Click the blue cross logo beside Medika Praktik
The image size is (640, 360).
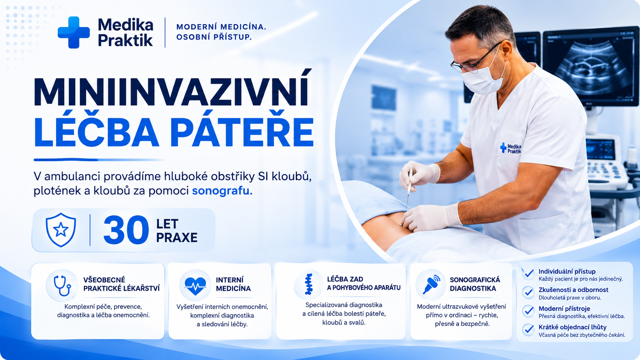pyautogui.click(x=74, y=32)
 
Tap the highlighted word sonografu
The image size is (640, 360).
pyautogui.click(x=222, y=191)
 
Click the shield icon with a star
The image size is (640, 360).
pyautogui.click(x=61, y=230)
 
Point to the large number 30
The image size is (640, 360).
pyautogui.click(x=126, y=230)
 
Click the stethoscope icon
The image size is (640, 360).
pyautogui.click(x=62, y=285)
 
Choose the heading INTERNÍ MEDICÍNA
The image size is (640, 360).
pyautogui.click(x=233, y=284)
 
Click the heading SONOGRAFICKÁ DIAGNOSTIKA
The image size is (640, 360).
pyautogui.click(x=475, y=284)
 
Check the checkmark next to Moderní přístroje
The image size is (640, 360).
pyautogui.click(x=529, y=311)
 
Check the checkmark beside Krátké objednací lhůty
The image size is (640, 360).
pyautogui.click(x=529, y=330)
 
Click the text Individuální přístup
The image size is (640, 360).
pyautogui.click(x=567, y=272)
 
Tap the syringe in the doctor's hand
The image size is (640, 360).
pyautogui.click(x=409, y=189)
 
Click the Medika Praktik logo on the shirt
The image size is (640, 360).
pyautogui.click(x=511, y=148)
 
